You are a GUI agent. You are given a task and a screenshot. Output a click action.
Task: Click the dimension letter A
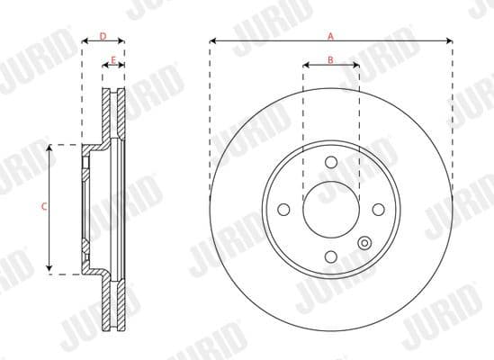pyautogui.click(x=330, y=36)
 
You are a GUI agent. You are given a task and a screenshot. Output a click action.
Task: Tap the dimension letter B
pyautogui.click(x=330, y=60)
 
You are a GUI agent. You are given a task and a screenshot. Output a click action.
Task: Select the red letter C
pyautogui.click(x=44, y=207)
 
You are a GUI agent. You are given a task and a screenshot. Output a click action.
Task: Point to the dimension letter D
pyautogui.click(x=103, y=36)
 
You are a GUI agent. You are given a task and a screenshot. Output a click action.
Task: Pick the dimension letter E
pyautogui.click(x=112, y=60)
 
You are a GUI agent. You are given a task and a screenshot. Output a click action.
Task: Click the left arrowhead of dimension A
pyautogui.click(x=213, y=40)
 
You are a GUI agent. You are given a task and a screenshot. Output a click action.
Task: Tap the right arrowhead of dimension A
pyautogui.click(x=448, y=40)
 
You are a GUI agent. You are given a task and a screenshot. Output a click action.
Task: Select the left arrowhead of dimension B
pyautogui.click(x=306, y=66)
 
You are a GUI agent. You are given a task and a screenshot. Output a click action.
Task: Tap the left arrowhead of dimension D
pyautogui.click(x=85, y=41)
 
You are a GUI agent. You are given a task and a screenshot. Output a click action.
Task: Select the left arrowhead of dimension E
pyautogui.click(x=104, y=66)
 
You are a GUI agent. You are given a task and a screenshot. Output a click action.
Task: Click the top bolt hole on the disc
pyautogui.click(x=330, y=162)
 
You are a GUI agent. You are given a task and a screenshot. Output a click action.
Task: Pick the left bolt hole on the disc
pyautogui.click(x=283, y=209)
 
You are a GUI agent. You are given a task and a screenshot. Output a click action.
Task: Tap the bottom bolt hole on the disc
pyautogui.click(x=330, y=256)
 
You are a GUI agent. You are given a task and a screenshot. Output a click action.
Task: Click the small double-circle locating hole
pyautogui.click(x=364, y=242)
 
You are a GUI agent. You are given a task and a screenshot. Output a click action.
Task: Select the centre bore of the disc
pyautogui.click(x=330, y=209)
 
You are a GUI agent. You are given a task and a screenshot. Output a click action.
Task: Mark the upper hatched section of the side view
pyautogui.click(x=112, y=112)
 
